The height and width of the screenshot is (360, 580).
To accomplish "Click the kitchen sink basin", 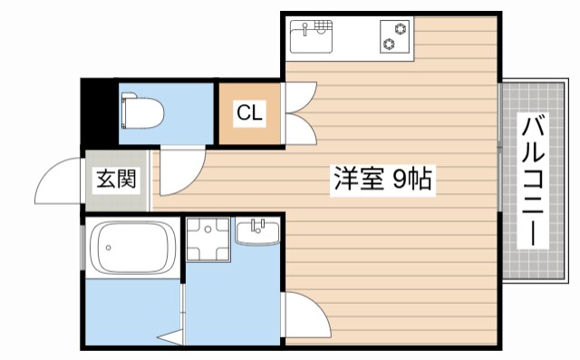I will pos(311,39).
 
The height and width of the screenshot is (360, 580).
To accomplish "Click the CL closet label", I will pos(249,113).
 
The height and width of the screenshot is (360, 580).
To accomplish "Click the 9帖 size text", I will pos(412,180).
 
